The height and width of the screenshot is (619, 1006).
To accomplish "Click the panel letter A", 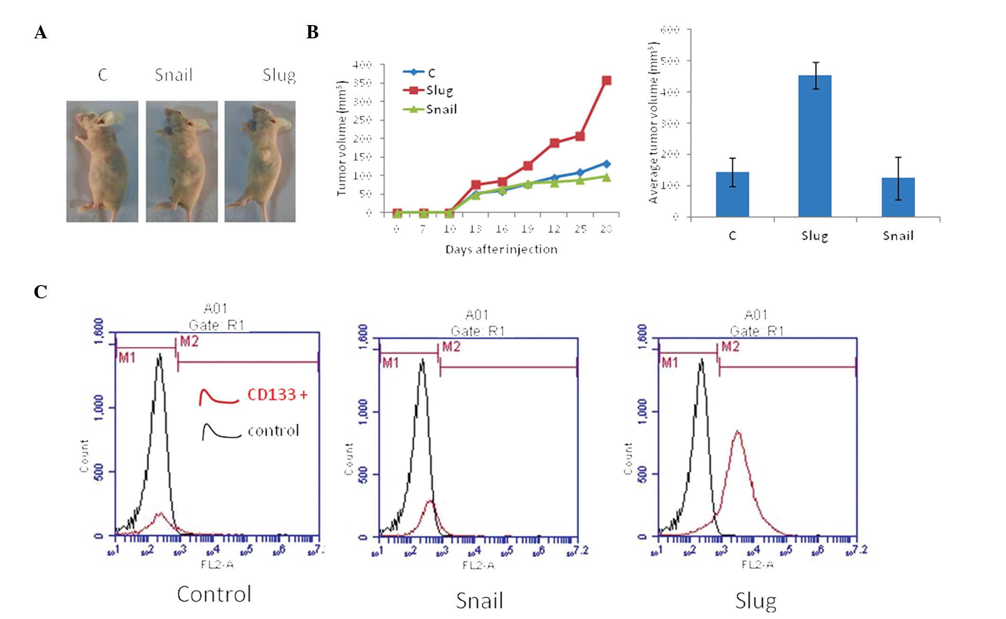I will pyautogui.click(x=41, y=33).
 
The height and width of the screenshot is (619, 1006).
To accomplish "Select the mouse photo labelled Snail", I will pyautogui.click(x=182, y=161).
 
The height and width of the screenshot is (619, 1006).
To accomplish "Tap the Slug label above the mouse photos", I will pyautogui.click(x=279, y=75).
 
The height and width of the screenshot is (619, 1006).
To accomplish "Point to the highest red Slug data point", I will pyautogui.click(x=606, y=81).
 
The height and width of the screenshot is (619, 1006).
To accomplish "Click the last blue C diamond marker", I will pyautogui.click(x=606, y=164).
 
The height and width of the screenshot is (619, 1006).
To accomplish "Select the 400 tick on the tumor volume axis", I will pyautogui.click(x=362, y=64).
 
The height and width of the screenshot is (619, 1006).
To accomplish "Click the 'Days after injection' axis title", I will pyautogui.click(x=501, y=250).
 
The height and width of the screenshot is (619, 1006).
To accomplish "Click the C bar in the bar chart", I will pyautogui.click(x=732, y=194).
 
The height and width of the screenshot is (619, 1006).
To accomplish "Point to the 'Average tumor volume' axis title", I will pyautogui.click(x=653, y=123).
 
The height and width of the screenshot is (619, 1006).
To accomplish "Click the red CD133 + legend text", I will pyautogui.click(x=277, y=395).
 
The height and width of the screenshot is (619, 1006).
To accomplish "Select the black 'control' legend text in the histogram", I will pyautogui.click(x=274, y=431).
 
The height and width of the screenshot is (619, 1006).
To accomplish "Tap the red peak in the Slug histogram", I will pyautogui.click(x=738, y=432).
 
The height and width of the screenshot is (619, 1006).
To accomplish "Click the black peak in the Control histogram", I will pyautogui.click(x=160, y=354).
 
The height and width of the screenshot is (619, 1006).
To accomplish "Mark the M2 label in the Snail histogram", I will pyautogui.click(x=451, y=347).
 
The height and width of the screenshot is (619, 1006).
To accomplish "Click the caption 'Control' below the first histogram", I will pyautogui.click(x=214, y=594).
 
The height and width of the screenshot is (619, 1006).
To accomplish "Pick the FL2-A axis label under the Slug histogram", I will pyautogui.click(x=757, y=565).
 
